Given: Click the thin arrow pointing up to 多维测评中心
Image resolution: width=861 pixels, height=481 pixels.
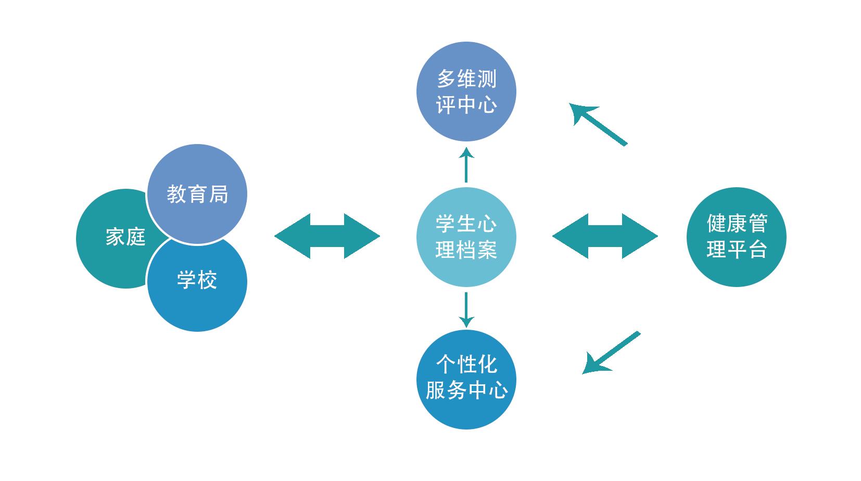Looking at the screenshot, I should (x=466, y=165).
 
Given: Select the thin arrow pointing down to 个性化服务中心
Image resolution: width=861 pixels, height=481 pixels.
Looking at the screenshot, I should (x=466, y=309).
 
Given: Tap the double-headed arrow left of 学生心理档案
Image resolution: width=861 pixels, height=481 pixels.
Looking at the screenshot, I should (x=327, y=236).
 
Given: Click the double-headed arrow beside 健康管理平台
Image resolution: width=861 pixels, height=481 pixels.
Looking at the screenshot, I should (x=605, y=236).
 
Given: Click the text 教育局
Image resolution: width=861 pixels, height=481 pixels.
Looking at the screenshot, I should (x=197, y=194).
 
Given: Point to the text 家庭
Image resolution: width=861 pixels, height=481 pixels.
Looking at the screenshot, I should (x=125, y=237).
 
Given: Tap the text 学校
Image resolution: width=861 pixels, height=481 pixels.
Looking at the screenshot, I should (x=197, y=280).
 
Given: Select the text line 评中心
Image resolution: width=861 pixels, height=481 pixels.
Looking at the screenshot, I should (x=466, y=106).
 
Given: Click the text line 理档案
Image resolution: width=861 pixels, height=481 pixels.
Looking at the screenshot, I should (x=466, y=250).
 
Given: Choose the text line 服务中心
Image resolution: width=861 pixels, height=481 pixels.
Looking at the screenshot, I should (x=466, y=390).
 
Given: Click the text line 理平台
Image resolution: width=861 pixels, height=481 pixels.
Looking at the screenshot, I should (x=737, y=250).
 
